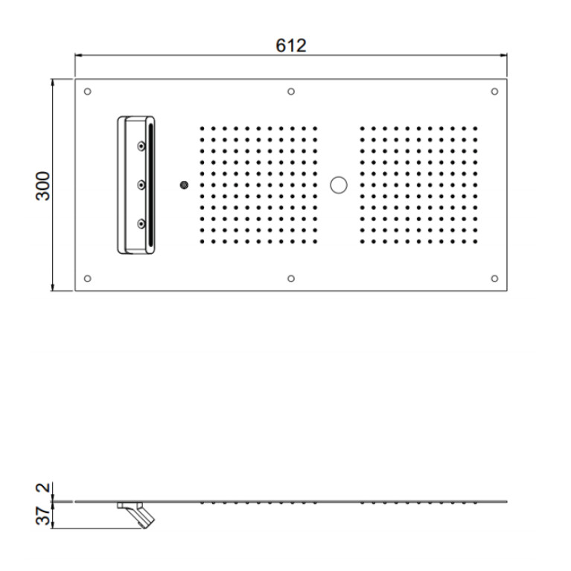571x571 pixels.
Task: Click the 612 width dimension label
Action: pyautogui.click(x=290, y=46)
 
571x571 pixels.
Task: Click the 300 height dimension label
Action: pyautogui.click(x=43, y=185)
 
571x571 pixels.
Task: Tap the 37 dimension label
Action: pyautogui.click(x=43, y=515)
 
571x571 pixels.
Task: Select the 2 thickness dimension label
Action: pyautogui.click(x=43, y=487)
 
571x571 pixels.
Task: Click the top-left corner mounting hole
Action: pyautogui.click(x=87, y=92)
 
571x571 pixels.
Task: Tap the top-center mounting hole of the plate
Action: pyautogui.click(x=291, y=92)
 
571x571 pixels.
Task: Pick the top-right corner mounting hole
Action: pyautogui.click(x=494, y=92)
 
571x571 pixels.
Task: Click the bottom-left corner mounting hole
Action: pyautogui.click(x=87, y=278)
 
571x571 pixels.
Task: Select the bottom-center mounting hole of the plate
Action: pyautogui.click(x=291, y=278)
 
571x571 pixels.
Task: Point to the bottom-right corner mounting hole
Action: pyautogui.click(x=494, y=278)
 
